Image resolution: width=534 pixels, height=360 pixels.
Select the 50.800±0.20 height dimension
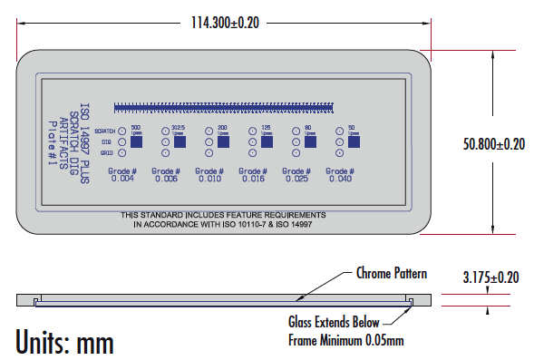click(x=494, y=143)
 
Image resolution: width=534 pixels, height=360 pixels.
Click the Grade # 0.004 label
click(x=122, y=175)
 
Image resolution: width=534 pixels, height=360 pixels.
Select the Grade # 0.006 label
click(x=166, y=175)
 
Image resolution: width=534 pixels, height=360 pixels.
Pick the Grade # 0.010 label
click(x=209, y=175)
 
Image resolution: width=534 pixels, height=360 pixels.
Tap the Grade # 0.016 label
click(x=253, y=175)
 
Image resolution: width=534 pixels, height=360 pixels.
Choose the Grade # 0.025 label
click(x=296, y=175)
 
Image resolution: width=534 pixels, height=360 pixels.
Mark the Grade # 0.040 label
click(x=340, y=175)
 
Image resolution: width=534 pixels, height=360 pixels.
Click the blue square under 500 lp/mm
click(x=137, y=142)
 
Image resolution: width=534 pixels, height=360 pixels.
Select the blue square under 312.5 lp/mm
click(x=180, y=142)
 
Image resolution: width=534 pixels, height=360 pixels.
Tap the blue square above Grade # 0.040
click(x=354, y=142)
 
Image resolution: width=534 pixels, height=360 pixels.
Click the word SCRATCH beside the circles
click(x=103, y=131)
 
